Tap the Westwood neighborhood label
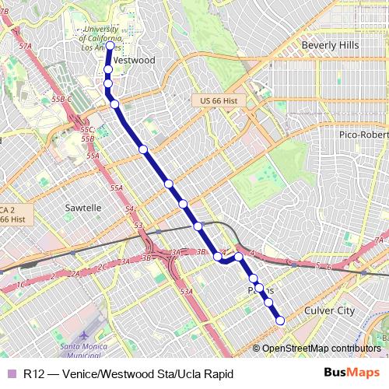(134, 60)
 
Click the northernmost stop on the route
(109, 45)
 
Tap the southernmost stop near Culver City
(280, 321)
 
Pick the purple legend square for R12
(12, 374)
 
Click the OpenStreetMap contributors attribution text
(321, 348)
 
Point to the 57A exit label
(26, 46)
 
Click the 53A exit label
(186, 291)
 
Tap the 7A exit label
(379, 240)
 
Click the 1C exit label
(21, 284)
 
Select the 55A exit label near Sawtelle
(117, 188)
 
